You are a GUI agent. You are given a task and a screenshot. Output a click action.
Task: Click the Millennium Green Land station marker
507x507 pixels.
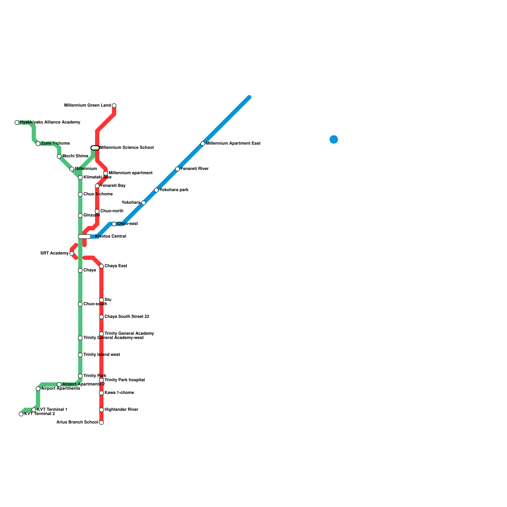(114, 106)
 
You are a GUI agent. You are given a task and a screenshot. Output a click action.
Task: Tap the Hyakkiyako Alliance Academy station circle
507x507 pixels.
(17, 122)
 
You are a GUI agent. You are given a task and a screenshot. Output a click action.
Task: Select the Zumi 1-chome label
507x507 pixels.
(55, 144)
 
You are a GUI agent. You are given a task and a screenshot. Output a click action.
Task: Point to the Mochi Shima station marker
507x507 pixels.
(59, 156)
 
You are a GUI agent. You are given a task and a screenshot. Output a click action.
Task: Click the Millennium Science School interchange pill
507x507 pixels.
(95, 148)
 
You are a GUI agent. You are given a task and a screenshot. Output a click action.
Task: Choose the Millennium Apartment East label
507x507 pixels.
(233, 144)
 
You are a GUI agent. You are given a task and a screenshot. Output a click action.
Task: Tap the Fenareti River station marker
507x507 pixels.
(177, 169)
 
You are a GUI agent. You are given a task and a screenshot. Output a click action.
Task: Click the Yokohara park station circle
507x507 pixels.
(156, 190)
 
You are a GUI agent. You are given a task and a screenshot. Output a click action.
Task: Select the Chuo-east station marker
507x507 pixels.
(114, 224)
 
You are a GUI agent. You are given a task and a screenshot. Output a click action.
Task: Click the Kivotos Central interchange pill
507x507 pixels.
(85, 236)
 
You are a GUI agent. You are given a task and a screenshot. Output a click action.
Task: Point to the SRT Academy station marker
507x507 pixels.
(72, 253)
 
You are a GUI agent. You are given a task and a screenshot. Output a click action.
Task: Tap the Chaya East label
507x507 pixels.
(116, 266)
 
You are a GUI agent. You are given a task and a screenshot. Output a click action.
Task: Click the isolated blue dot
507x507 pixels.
(334, 139)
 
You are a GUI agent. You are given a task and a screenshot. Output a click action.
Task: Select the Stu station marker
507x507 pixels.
(101, 300)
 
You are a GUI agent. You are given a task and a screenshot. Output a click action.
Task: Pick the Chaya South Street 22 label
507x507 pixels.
(127, 317)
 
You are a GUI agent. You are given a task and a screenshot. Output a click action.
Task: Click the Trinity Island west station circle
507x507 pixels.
(80, 355)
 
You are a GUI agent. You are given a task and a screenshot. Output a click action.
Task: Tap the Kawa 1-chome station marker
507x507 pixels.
(101, 393)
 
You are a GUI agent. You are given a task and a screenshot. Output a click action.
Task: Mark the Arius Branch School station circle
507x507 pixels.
(101, 422)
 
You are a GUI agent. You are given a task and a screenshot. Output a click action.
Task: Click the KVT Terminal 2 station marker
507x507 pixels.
(21, 414)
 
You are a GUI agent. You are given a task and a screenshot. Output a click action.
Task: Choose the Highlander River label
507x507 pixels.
(121, 410)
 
